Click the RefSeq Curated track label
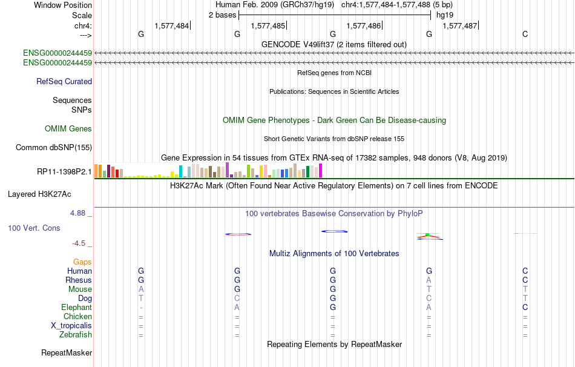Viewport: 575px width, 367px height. coord(64,82)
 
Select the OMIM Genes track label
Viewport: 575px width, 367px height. coord(68,128)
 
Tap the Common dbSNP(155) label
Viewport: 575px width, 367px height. coord(54,148)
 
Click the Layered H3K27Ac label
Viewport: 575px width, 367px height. coord(39,194)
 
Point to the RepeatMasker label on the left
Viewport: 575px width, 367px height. coord(67,352)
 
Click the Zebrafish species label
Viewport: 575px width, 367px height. coord(76,335)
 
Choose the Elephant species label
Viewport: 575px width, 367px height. coord(77,308)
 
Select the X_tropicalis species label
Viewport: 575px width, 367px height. coord(71,326)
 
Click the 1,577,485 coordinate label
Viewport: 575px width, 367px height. coord(268,25)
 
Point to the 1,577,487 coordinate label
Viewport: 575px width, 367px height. coord(460,25)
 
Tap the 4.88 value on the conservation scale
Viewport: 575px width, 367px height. coord(77,213)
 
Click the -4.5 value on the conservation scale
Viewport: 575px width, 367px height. coord(79,243)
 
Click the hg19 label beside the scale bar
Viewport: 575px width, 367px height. coord(445,15)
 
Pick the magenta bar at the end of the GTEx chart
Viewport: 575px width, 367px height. coord(321,171)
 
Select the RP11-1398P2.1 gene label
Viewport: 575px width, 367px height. coord(65,172)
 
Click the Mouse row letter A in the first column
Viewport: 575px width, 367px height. coord(141,289)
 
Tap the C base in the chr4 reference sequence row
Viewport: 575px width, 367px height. coord(525,34)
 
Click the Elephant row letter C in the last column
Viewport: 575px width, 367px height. coord(525,307)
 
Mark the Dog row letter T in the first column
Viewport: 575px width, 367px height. coord(141,299)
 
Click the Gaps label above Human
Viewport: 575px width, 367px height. coord(82,262)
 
